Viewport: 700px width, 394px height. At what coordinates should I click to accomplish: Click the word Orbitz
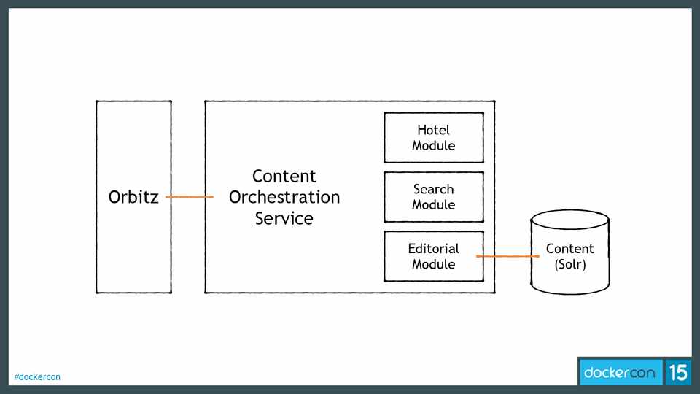(x=133, y=197)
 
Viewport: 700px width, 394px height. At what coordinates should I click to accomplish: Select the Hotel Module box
(x=434, y=137)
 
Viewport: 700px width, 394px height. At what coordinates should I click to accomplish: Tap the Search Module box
(x=434, y=197)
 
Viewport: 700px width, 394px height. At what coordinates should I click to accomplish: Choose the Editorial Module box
(x=434, y=256)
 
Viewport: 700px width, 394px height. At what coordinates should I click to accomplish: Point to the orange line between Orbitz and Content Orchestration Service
(x=189, y=197)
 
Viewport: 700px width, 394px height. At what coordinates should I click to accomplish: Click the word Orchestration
(x=284, y=197)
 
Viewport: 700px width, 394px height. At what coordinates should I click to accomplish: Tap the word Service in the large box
(x=284, y=218)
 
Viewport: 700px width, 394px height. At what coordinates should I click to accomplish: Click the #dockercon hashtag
(x=37, y=377)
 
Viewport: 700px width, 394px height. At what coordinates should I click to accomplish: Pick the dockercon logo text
(x=621, y=373)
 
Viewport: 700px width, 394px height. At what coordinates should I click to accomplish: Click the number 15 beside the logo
(x=678, y=373)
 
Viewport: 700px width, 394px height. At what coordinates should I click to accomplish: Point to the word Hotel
(x=434, y=130)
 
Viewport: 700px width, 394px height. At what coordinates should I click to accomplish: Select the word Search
(x=434, y=189)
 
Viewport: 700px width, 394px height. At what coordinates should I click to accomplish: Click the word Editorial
(x=434, y=249)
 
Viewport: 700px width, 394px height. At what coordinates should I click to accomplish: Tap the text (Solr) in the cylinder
(x=570, y=264)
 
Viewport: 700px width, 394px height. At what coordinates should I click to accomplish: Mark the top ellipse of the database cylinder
(x=569, y=219)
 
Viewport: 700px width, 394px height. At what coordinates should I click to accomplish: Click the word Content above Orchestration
(x=284, y=176)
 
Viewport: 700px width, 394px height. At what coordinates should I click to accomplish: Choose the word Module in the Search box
(x=434, y=205)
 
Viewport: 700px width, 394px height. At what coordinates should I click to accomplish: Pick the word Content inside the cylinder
(x=570, y=249)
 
